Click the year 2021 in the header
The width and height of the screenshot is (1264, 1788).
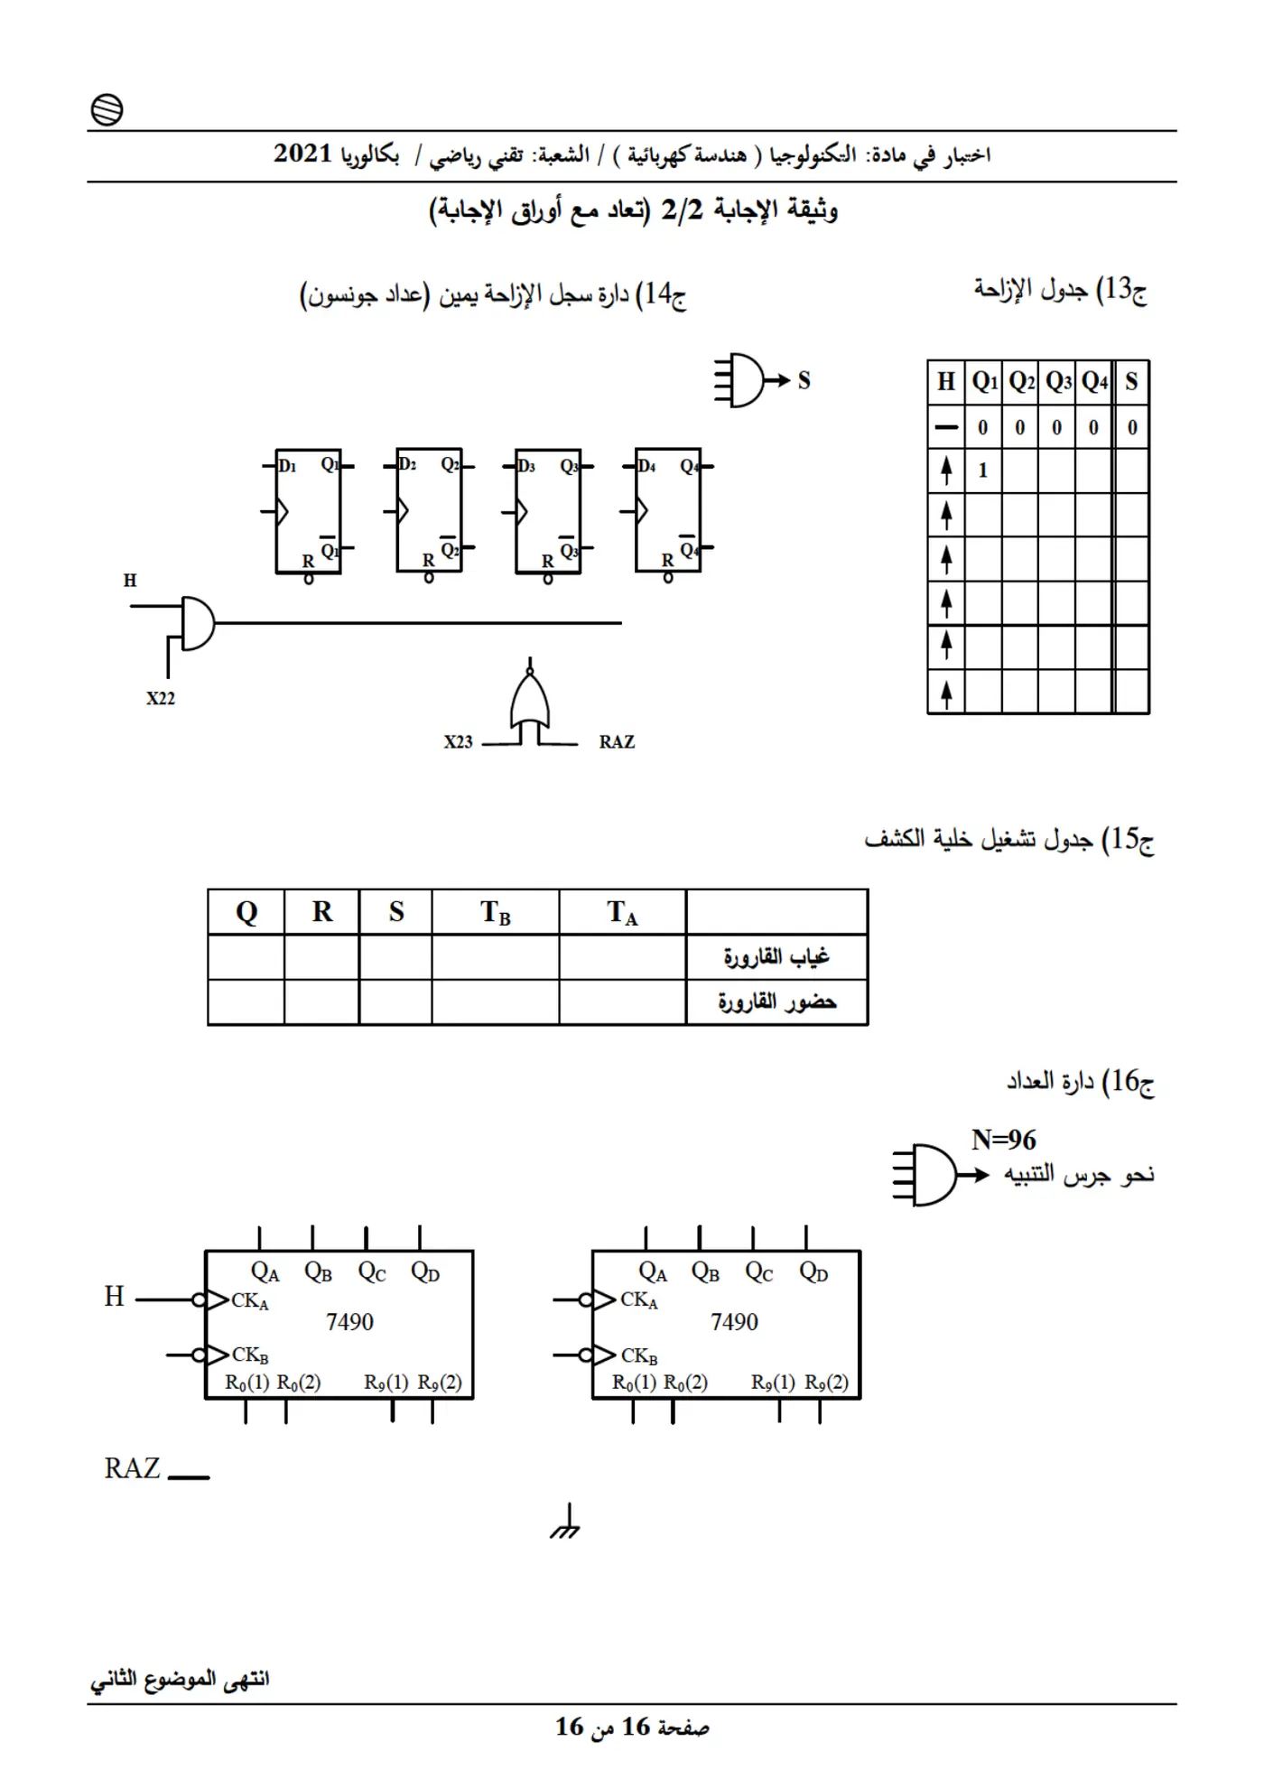[x=303, y=154]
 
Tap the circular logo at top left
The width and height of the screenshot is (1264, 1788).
[x=107, y=110]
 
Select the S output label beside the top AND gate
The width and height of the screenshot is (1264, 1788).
[x=804, y=380]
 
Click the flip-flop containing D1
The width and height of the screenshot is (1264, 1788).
[x=308, y=511]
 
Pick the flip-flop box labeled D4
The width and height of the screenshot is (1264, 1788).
[x=668, y=510]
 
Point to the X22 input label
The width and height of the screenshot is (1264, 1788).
[x=161, y=698]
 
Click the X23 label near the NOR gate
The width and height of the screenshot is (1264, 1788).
[x=458, y=742]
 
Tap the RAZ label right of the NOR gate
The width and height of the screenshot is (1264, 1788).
[x=617, y=742]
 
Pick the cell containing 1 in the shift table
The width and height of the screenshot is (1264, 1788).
[x=983, y=470]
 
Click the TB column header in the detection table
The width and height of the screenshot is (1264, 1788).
[x=496, y=912]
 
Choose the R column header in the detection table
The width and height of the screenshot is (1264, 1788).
[x=322, y=912]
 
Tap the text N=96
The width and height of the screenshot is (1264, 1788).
[x=1004, y=1140]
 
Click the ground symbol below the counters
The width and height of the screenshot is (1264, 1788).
[x=565, y=1522]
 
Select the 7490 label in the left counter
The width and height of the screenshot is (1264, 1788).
[x=349, y=1322]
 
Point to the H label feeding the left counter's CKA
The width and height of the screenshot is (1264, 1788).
[x=114, y=1297]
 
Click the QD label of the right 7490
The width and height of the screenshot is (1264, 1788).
[x=813, y=1272]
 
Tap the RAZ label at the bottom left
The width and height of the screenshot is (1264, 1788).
[x=132, y=1468]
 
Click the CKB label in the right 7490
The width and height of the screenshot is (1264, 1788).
[x=639, y=1356]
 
